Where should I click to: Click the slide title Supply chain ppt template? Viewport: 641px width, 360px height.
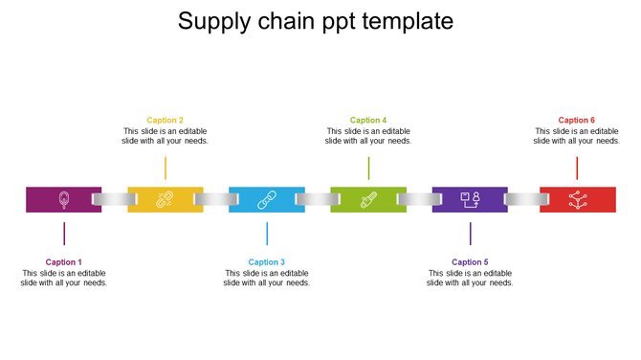pos(316,21)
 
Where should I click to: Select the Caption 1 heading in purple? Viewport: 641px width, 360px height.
pos(64,261)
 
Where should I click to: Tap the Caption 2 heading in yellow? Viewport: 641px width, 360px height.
pos(166,120)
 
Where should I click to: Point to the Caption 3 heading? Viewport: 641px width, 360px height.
pos(267,261)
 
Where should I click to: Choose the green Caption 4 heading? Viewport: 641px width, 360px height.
pos(368,120)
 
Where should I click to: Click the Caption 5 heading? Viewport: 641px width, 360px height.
pos(470,261)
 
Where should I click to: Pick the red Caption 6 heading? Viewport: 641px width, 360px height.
pos(577,120)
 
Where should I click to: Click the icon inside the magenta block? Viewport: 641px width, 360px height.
pos(64,199)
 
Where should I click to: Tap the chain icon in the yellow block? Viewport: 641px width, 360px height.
pos(165,199)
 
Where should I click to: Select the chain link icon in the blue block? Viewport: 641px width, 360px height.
pos(267,199)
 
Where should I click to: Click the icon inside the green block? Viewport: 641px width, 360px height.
pos(368,199)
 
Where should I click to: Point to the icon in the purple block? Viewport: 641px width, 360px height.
pos(470,199)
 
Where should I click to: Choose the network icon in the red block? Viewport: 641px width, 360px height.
pos(577,199)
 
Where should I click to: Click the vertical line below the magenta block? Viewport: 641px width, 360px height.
pos(64,233)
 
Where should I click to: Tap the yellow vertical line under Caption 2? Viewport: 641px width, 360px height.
pos(166,168)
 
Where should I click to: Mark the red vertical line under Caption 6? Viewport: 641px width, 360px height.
pos(577,168)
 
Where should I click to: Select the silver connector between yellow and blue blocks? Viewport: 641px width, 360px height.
pos(216,199)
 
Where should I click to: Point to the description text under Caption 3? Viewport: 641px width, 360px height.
pos(267,278)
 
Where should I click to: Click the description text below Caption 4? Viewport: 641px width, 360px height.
pos(368,136)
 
